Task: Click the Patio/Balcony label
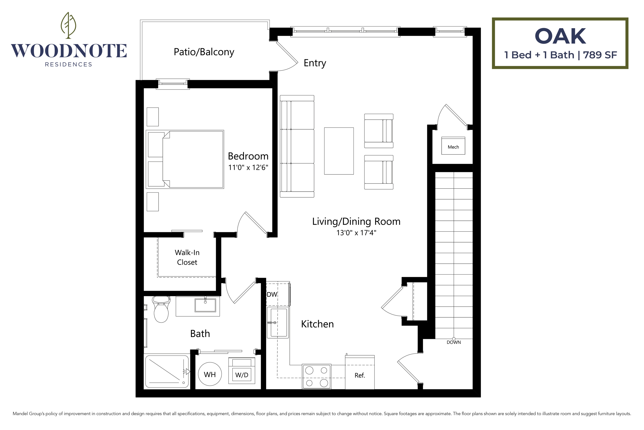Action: click(x=204, y=52)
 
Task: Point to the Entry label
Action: click(x=315, y=63)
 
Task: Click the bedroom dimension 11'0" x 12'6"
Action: click(x=248, y=168)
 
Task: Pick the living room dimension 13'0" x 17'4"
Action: click(x=356, y=233)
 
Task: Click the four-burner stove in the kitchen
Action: click(x=316, y=376)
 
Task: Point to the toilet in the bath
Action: click(x=161, y=310)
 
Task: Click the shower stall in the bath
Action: click(x=166, y=372)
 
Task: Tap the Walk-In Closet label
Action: click(x=187, y=257)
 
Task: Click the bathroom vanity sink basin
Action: click(x=205, y=305)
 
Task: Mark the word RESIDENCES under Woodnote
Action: click(x=69, y=64)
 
